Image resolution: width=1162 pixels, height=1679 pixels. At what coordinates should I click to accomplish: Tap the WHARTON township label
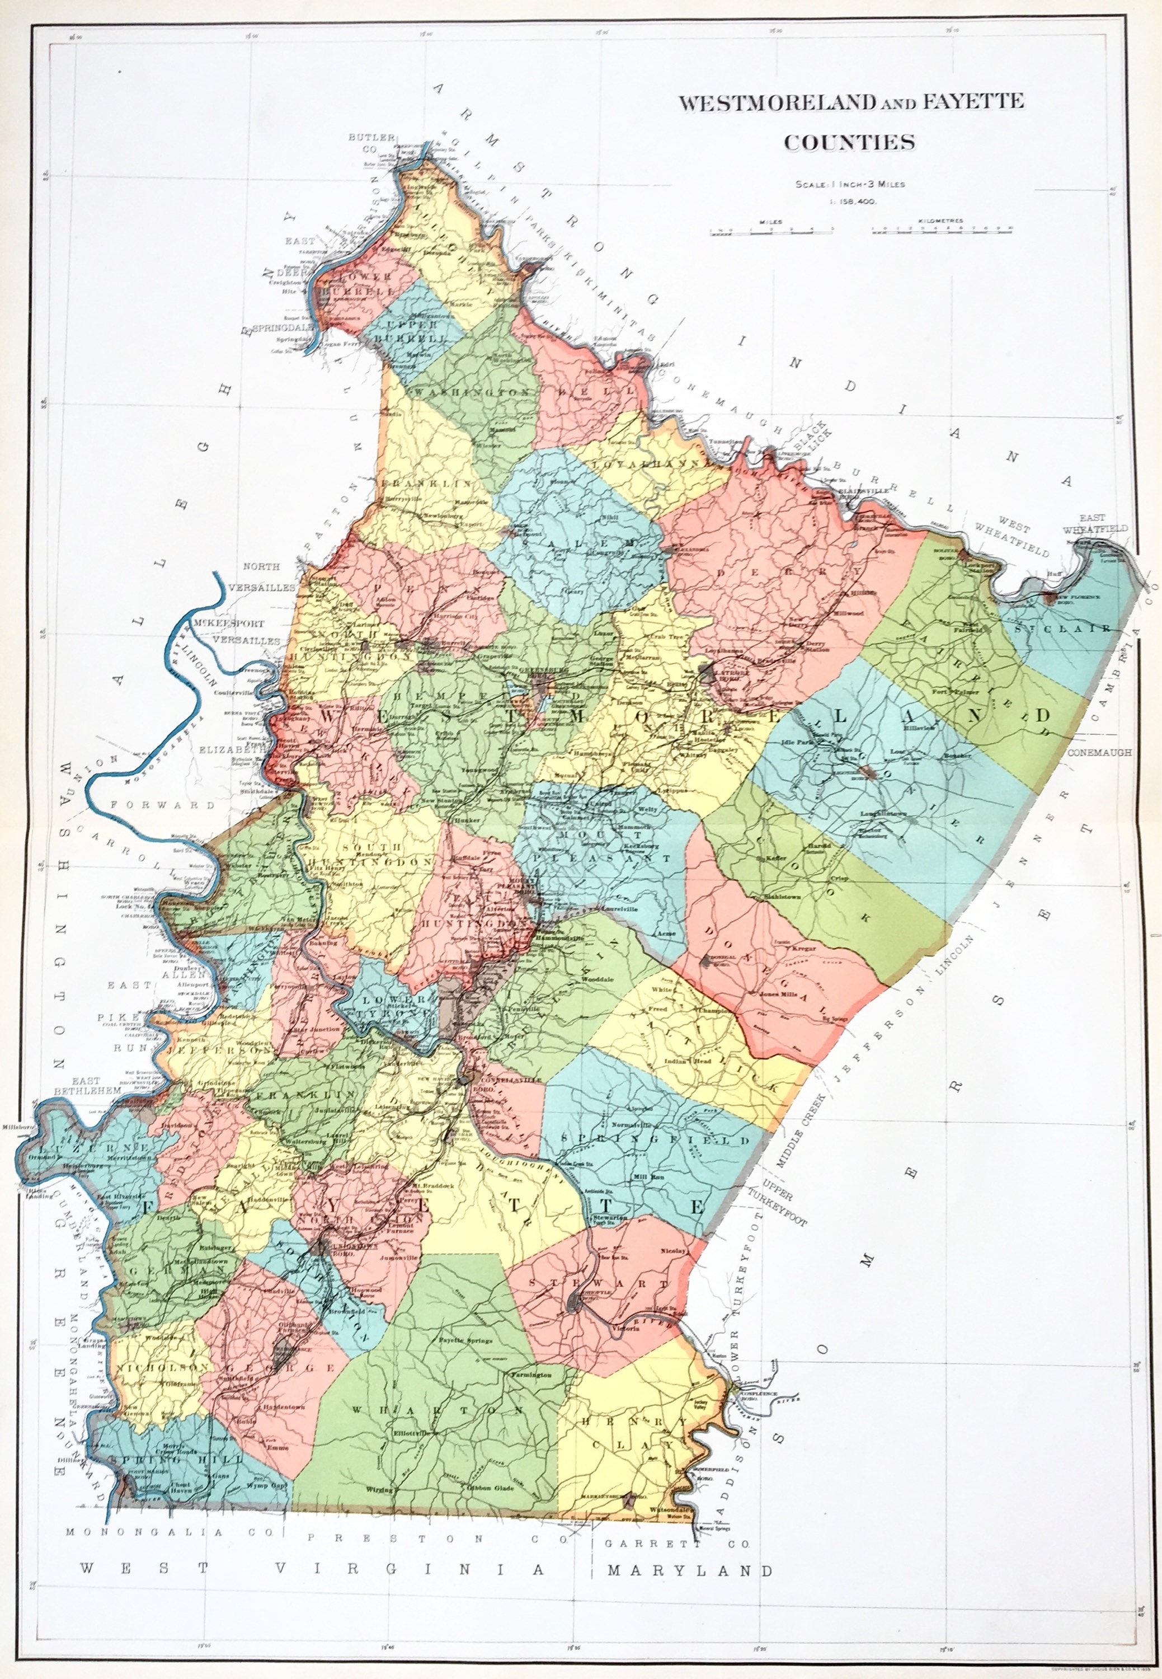(x=437, y=1411)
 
